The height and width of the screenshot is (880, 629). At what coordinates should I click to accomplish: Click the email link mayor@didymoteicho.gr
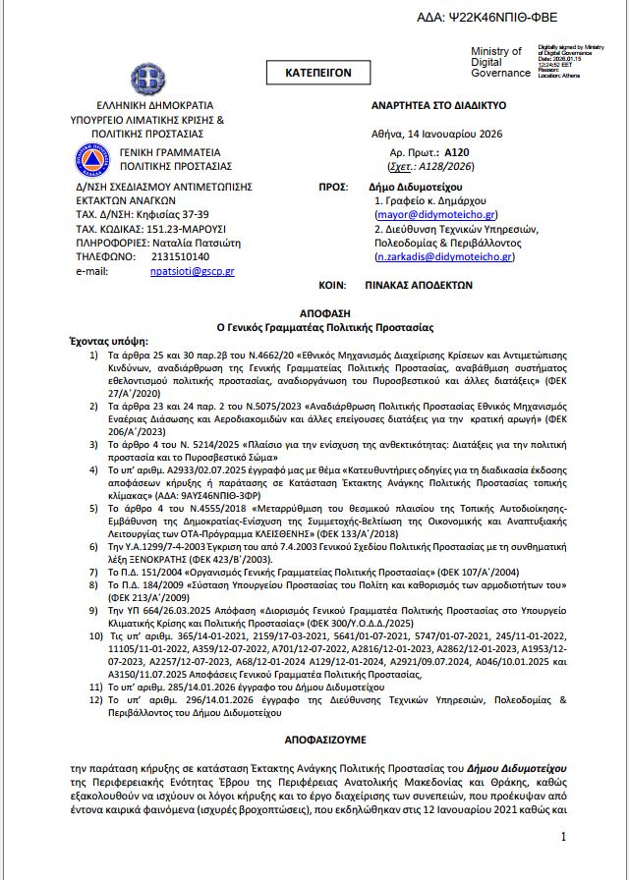coord(436,214)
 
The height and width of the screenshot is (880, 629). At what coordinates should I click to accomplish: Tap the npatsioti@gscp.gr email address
coord(192,270)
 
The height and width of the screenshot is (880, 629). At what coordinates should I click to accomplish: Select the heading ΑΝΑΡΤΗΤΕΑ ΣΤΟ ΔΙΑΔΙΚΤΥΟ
coord(438,103)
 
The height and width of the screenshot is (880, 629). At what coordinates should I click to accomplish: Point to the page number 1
coord(563,836)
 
